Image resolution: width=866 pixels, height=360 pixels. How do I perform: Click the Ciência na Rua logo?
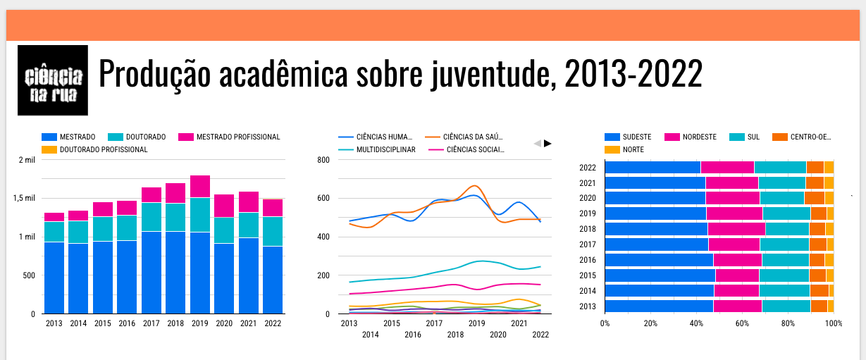point(53,80)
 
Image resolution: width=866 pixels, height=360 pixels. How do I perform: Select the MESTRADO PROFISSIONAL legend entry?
point(229,137)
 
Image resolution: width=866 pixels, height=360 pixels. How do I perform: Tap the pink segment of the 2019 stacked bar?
point(200,187)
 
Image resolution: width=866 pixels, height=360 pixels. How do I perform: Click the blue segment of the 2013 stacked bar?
point(54,278)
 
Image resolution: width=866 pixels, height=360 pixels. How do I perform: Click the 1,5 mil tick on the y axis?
point(26,198)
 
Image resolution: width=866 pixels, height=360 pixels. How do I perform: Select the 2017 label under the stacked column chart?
point(151,323)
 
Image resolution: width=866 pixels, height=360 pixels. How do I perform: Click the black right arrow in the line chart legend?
point(548,143)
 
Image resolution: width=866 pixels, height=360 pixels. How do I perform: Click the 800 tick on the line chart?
point(323,159)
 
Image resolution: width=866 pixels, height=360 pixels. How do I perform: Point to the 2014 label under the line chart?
point(370,335)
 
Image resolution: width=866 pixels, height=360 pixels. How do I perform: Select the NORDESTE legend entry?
point(698,137)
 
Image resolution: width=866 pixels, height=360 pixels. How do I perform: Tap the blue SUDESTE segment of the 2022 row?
point(652,167)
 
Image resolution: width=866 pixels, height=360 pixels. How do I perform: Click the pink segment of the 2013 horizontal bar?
point(737,306)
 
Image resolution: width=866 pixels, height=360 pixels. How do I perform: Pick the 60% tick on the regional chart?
point(742,323)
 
